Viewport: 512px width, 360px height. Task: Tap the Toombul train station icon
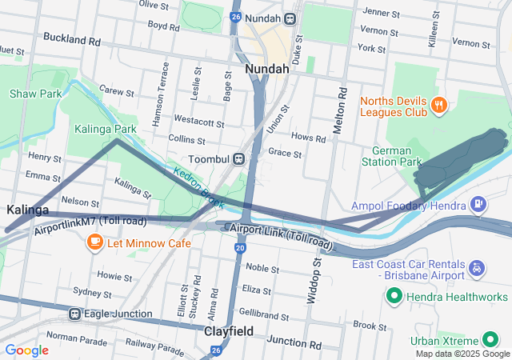tap(239, 159)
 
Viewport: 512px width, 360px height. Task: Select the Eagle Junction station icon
tap(75, 314)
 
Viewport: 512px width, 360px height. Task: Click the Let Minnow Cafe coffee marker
tap(94, 242)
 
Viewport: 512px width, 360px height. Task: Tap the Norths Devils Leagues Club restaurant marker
tap(438, 105)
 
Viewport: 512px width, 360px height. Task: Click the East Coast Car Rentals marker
tap(477, 267)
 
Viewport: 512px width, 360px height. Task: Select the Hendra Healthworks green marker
tap(394, 298)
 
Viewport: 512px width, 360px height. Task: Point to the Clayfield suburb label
tap(229, 330)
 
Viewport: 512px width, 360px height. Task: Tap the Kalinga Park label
tap(106, 128)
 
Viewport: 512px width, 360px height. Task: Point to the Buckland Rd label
tap(72, 38)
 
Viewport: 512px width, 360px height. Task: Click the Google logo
tap(27, 350)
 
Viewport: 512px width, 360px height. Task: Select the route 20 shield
tap(240, 250)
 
